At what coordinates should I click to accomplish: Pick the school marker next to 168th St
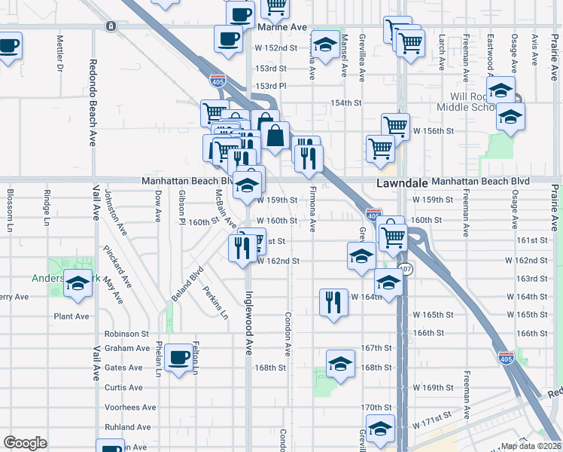[x=340, y=365]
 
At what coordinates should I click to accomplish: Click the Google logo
[x=25, y=443]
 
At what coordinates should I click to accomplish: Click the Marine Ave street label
[x=282, y=27]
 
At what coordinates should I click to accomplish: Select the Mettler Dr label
[x=59, y=53]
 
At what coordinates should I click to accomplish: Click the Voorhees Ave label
[x=130, y=407]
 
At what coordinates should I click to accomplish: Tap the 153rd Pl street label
[x=271, y=85]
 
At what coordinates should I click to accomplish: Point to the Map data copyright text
[x=531, y=446]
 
